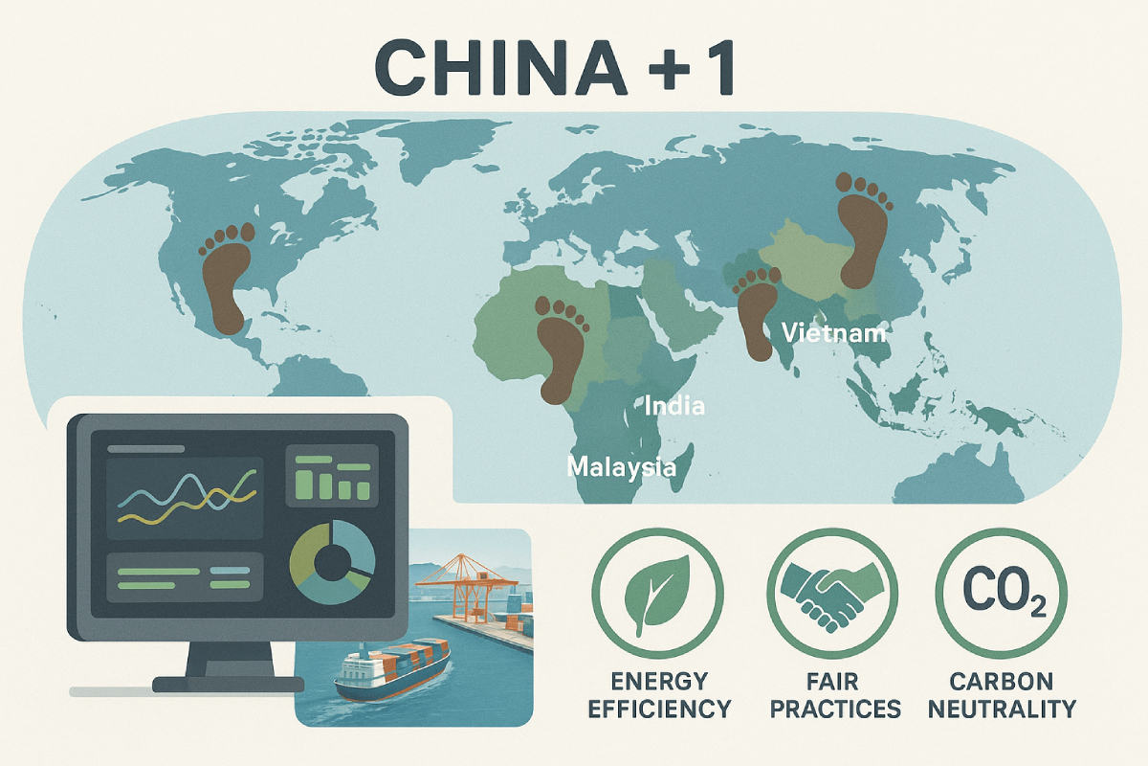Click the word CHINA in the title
[x=500, y=67]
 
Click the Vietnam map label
[x=834, y=333]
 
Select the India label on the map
[x=674, y=406]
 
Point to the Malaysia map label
[x=621, y=467]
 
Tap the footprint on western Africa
[x=561, y=349]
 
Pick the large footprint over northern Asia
[x=864, y=231]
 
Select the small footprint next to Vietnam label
[x=756, y=314]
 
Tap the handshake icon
[x=831, y=596]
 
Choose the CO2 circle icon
[x=1001, y=593]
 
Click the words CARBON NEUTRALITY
[x=1002, y=696]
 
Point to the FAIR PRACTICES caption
[x=835, y=696]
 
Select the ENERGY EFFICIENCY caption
[x=659, y=696]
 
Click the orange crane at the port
[x=467, y=586]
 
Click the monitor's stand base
[x=229, y=684]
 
